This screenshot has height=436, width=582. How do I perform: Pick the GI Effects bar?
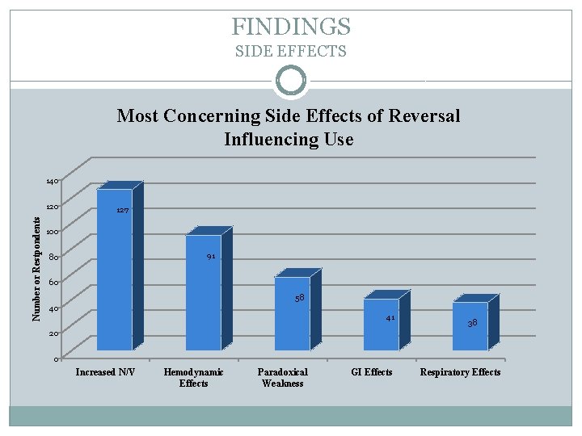click(x=381, y=331)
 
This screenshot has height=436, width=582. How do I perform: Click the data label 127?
click(x=122, y=210)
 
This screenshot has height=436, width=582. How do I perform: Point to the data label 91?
click(x=210, y=257)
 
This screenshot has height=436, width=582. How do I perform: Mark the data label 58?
click(x=299, y=298)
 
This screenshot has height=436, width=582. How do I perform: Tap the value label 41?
click(x=390, y=318)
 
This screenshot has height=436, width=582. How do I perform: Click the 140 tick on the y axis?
click(x=51, y=182)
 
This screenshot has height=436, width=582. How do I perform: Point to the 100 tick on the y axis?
click(x=51, y=233)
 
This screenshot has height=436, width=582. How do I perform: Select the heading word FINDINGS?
click(x=291, y=27)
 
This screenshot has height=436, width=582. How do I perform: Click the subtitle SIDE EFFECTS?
click(x=291, y=52)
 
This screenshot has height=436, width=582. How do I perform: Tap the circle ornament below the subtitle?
click(x=291, y=82)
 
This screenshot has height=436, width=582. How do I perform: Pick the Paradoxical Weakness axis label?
click(x=282, y=377)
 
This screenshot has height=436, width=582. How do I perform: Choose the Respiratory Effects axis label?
click(x=460, y=372)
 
